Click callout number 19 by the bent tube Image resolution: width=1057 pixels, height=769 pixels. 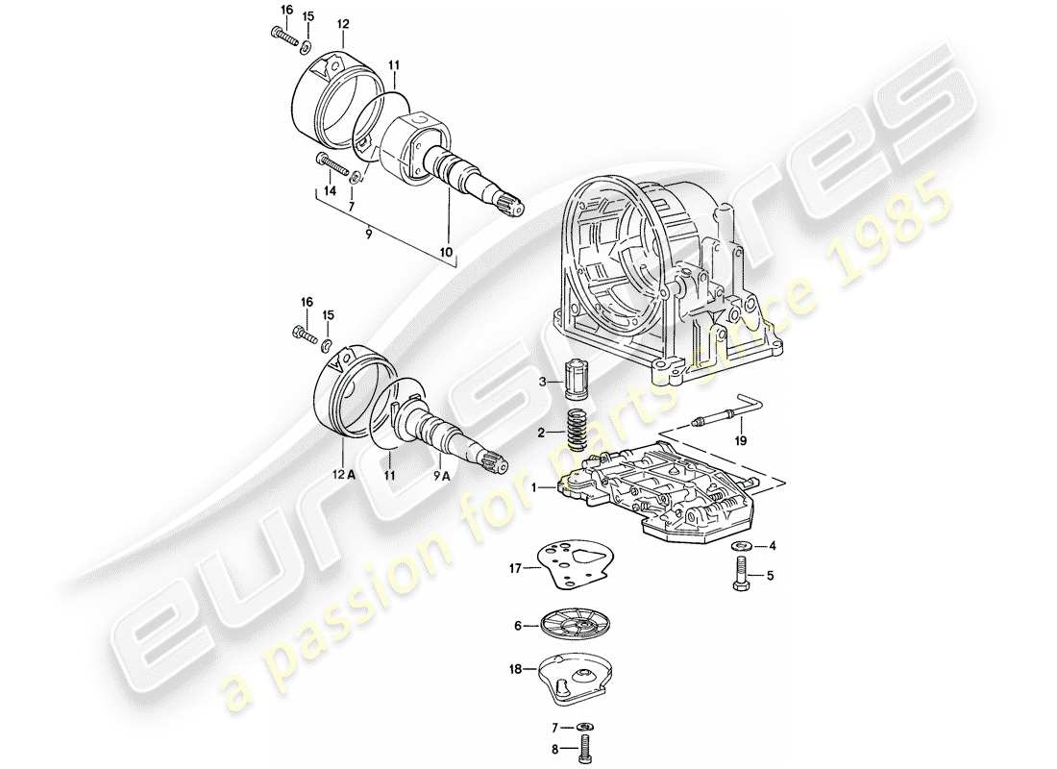[x=739, y=441]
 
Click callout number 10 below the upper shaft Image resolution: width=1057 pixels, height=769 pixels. [x=445, y=253]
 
